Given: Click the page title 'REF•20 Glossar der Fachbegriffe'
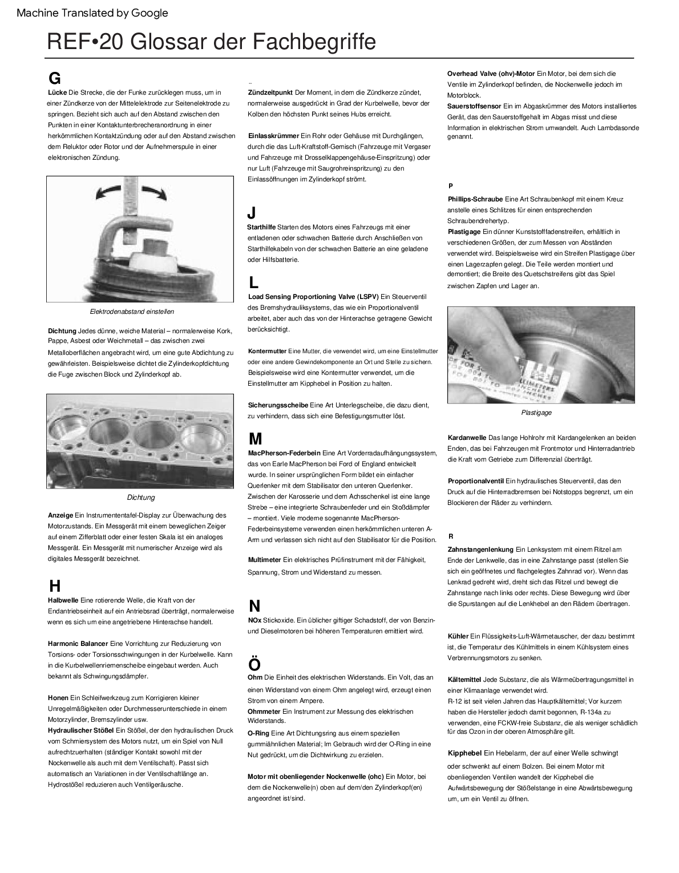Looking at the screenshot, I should [211, 42].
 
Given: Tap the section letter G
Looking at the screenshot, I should [55, 78].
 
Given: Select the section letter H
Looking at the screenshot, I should [55, 585].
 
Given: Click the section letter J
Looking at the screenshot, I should [252, 213].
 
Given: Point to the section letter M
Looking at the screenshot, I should [255, 439].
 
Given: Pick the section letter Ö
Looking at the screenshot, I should [254, 664].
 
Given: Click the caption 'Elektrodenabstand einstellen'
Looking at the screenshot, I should [132, 312].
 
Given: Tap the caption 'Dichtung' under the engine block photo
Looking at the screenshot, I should [140, 498].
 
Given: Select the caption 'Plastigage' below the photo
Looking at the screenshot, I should [536, 413].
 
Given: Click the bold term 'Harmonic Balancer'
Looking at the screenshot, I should [78, 644].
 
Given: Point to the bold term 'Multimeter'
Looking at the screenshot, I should [264, 560].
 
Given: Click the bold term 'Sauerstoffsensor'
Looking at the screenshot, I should [474, 106].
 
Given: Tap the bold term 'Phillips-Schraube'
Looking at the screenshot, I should [475, 199].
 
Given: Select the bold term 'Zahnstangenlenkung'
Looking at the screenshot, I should [480, 549].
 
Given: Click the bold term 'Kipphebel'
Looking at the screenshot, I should [465, 753].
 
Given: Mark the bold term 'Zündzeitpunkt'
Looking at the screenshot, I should [270, 92].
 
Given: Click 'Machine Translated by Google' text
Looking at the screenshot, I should [92, 13].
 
